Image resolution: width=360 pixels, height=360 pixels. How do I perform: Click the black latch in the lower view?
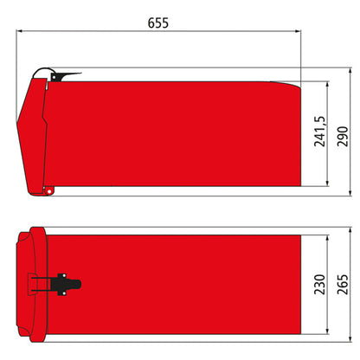tap(63, 282)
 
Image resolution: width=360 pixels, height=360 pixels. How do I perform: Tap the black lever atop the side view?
tap(64, 76)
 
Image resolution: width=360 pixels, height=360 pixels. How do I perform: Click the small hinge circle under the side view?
tap(49, 189)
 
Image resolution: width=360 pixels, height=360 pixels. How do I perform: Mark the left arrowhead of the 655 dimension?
tap(20, 34)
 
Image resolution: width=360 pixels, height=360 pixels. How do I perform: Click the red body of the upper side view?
tap(173, 134)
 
